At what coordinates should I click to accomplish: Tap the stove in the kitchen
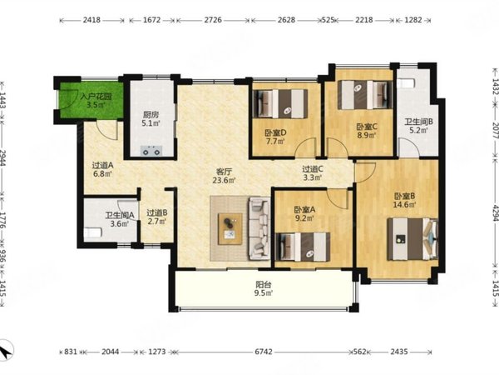click(151, 151)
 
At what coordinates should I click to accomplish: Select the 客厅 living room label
click(224, 171)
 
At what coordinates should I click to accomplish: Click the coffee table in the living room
click(230, 229)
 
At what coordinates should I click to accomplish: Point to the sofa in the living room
click(259, 228)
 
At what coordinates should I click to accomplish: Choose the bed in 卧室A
click(303, 247)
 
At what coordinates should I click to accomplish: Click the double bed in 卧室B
click(413, 239)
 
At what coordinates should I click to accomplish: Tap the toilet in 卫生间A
click(93, 232)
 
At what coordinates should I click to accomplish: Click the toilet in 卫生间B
click(407, 83)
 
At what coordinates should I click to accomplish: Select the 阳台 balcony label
click(264, 284)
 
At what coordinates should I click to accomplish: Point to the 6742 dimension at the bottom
click(264, 352)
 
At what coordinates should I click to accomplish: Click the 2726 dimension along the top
click(213, 20)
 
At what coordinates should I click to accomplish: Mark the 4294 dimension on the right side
click(495, 213)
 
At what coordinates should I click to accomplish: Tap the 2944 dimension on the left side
click(3, 158)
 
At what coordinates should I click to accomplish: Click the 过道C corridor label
click(313, 169)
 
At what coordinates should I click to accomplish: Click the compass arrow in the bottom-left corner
click(6, 351)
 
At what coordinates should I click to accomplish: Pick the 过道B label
click(157, 212)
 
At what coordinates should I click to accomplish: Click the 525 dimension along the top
click(329, 20)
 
